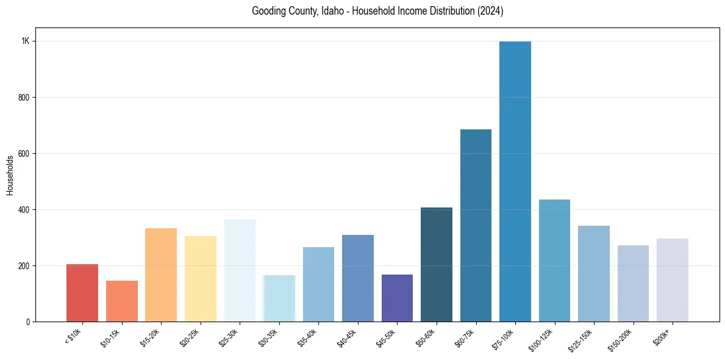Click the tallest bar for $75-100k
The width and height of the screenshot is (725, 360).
point(515,183)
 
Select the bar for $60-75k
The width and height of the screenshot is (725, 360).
point(476,226)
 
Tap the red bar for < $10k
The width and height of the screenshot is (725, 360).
point(82,293)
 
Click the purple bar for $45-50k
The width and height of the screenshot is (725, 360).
point(397,298)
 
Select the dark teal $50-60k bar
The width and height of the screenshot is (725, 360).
point(437,265)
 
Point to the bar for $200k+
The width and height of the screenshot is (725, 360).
point(673,280)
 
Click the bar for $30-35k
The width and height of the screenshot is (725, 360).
point(279,298)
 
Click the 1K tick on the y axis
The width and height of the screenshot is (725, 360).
point(26,41)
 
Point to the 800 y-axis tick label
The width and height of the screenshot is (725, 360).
point(24,97)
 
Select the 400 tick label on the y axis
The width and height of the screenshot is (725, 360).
point(24,209)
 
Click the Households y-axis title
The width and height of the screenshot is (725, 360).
point(10,175)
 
